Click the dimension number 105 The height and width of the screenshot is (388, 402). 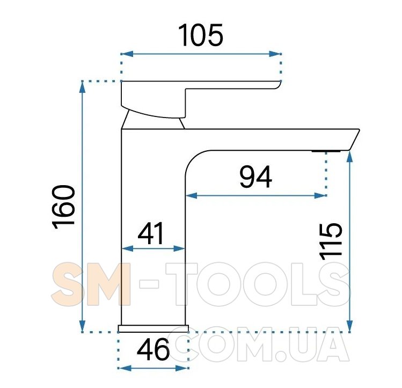201,35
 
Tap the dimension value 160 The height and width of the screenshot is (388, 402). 63,207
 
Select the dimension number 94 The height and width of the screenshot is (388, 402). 255,177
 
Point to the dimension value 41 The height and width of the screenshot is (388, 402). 151,233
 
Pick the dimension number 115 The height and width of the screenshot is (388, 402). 331,240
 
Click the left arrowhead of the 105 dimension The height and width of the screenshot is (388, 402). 127,54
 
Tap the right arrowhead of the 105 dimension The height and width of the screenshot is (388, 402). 275,54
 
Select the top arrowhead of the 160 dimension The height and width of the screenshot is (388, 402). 82,87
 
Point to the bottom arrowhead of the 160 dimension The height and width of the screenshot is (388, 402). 82,325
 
